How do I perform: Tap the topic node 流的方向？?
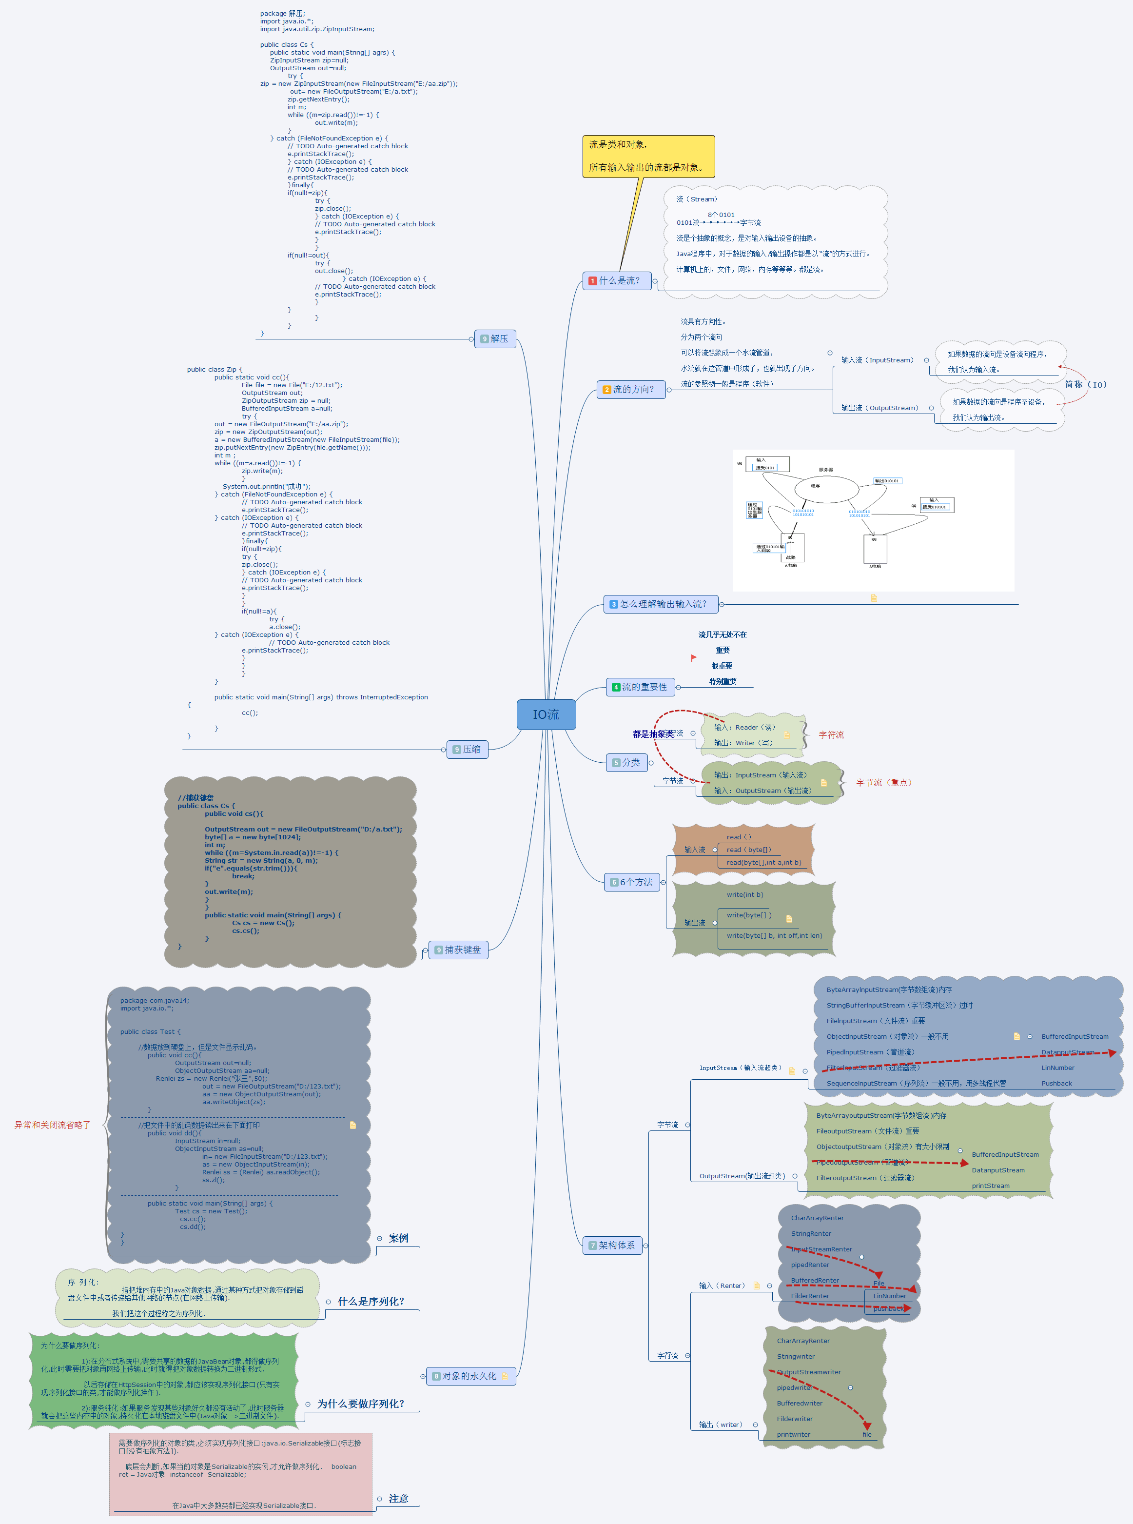tap(631, 390)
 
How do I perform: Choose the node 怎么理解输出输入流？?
tap(661, 604)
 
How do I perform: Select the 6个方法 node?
tap(633, 882)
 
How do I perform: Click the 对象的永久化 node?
tap(470, 1376)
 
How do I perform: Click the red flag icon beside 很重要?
tap(693, 658)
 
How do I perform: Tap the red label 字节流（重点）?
tap(883, 783)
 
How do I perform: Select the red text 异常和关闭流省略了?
tap(52, 1125)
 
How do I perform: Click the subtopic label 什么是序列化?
tap(371, 1301)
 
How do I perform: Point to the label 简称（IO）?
tap(1086, 385)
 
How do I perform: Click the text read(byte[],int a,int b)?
tap(763, 863)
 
